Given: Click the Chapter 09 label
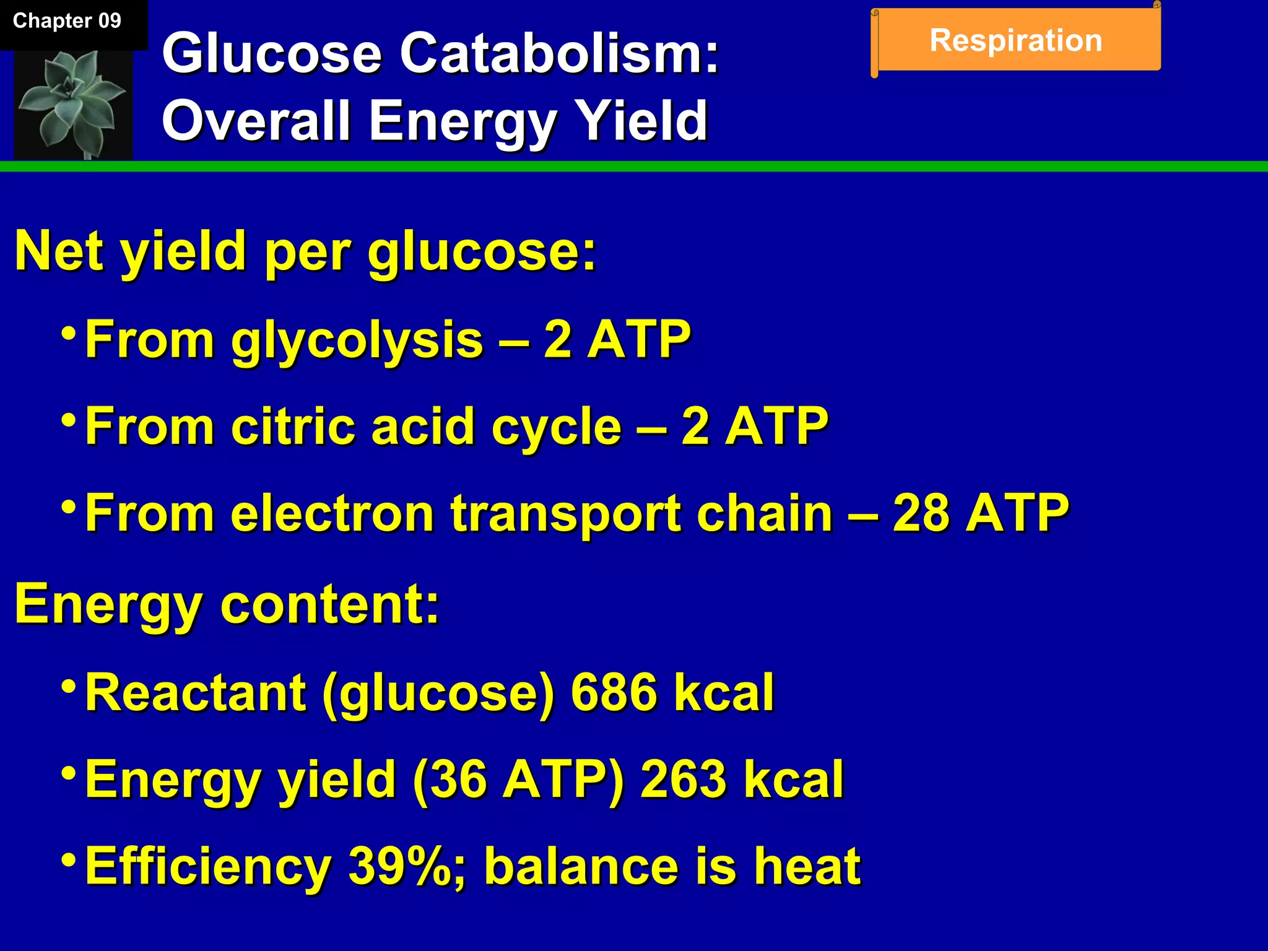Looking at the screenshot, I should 67,21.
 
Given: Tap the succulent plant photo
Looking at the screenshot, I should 73,104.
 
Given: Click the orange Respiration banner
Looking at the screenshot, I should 1015,41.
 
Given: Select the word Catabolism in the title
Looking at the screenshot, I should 558,54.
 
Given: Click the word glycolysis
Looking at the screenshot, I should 357,341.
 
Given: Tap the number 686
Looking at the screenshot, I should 613,692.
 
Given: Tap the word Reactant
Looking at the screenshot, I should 196,692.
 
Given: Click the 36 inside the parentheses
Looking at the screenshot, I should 459,779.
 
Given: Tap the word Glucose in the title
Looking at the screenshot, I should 271,54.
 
